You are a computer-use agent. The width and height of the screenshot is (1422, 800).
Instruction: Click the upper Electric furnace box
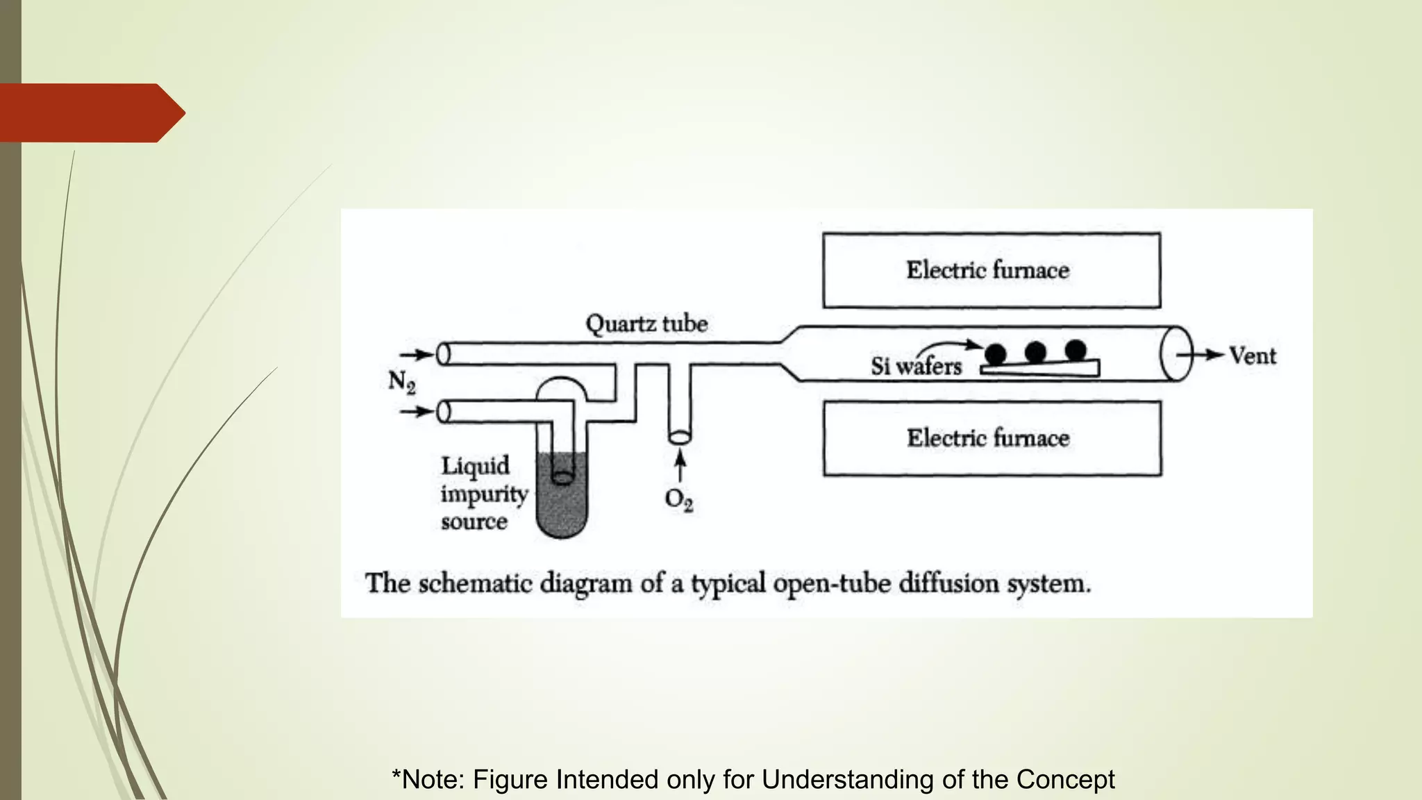[991, 270]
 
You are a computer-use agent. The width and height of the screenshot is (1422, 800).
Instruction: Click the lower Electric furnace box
[992, 438]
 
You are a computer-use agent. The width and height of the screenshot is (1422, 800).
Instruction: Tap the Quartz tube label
[646, 324]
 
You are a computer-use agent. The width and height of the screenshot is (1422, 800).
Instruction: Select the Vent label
[1253, 356]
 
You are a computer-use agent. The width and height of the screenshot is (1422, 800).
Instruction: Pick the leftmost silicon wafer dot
[996, 354]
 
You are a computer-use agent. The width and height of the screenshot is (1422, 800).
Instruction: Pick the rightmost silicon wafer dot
[1076, 350]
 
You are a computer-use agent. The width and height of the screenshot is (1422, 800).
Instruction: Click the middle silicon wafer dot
[1035, 352]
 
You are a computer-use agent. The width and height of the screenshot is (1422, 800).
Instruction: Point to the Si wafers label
[916, 366]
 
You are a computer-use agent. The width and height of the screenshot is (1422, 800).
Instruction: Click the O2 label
[678, 499]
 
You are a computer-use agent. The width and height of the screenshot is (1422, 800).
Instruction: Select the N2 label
[401, 381]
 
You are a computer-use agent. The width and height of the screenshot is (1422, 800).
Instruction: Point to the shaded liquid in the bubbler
[562, 507]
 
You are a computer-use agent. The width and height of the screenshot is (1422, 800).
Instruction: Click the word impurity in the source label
[484, 494]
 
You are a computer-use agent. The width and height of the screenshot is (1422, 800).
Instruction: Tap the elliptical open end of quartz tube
[1176, 354]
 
